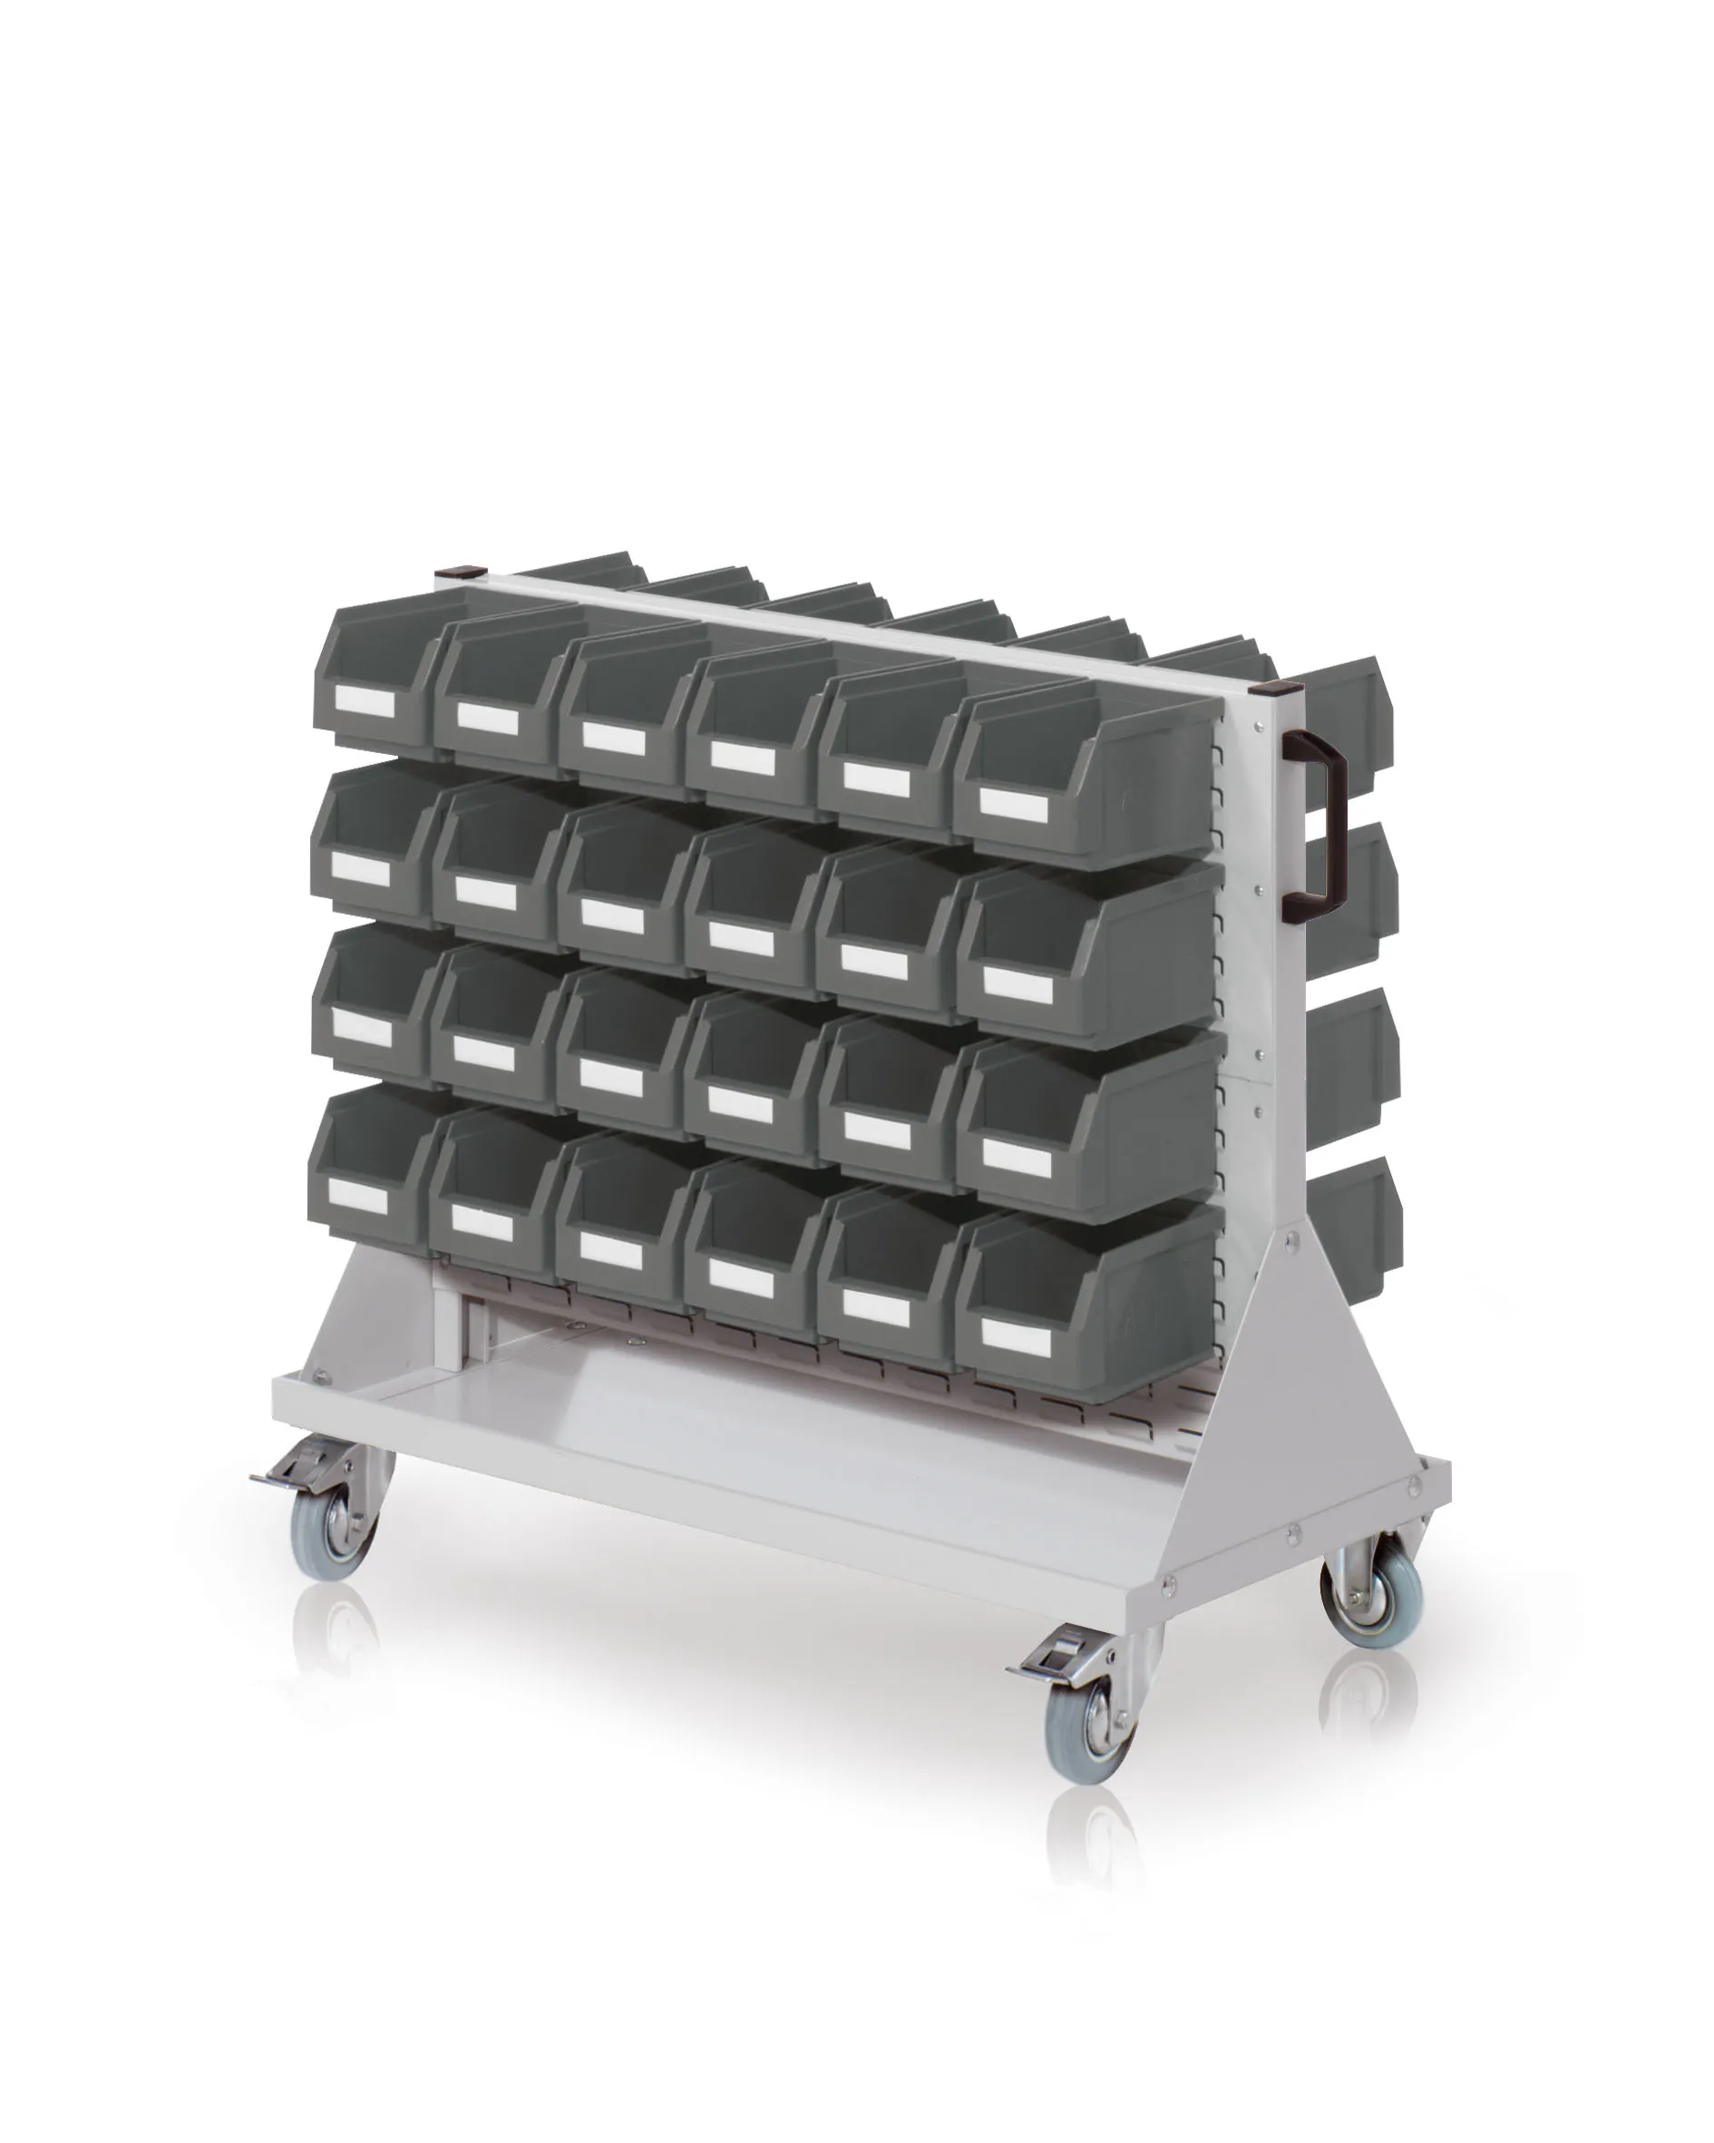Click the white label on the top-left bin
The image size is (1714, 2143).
click(x=365, y=701)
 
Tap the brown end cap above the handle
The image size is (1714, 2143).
click(x=1274, y=688)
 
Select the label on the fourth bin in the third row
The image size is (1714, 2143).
click(x=740, y=1103)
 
